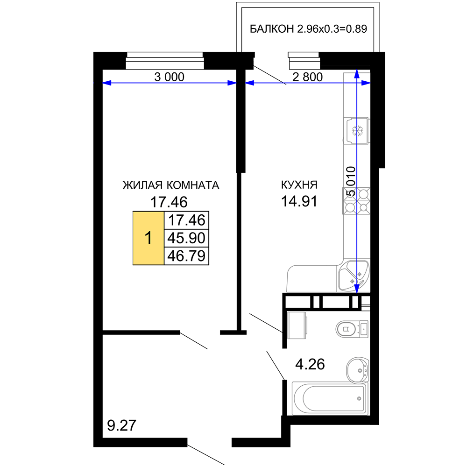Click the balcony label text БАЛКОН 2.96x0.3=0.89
point(308,29)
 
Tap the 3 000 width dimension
point(169,77)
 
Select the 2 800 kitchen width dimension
point(307,77)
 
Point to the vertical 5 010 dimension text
point(351,181)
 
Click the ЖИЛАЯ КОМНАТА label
point(170,185)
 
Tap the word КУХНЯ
point(299,184)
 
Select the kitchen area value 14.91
point(299,201)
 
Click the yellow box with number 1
point(149,238)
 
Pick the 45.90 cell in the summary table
point(186,238)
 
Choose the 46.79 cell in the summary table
point(186,256)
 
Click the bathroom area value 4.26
point(310,364)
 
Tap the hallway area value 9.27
point(121,425)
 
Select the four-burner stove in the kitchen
point(356,201)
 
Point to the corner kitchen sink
point(354,276)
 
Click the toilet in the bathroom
point(352,329)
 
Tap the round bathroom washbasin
point(358,370)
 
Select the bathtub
point(330,398)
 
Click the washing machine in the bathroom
point(297,325)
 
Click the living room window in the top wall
point(165,61)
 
